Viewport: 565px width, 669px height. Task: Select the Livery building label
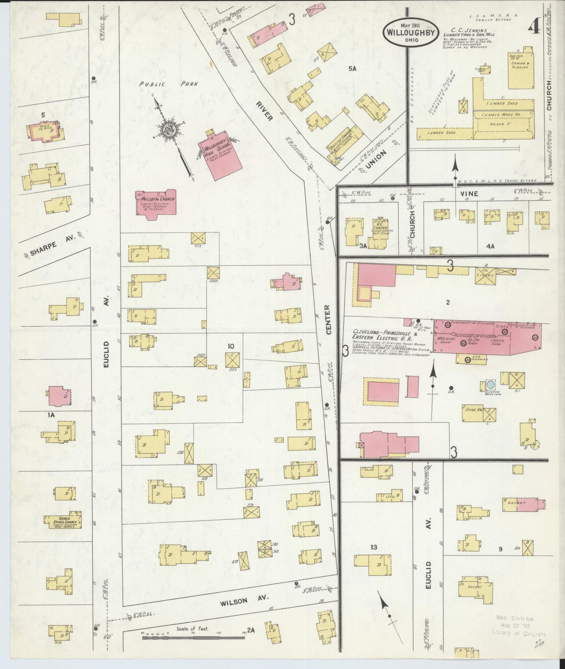[x=486, y=275]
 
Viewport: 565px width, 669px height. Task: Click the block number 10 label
[x=231, y=345]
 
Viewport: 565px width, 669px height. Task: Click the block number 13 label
[x=374, y=547]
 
